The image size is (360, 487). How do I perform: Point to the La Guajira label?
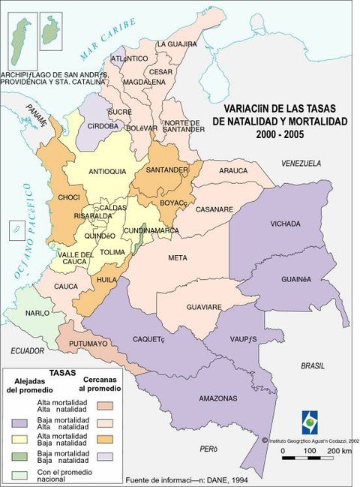pyautogui.click(x=176, y=44)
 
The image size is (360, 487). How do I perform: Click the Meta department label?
pyautogui.click(x=178, y=258)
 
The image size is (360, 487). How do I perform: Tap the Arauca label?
pyautogui.click(x=233, y=171)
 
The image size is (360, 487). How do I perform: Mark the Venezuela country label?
pyautogui.click(x=301, y=163)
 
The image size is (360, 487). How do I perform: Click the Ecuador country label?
pyautogui.click(x=28, y=350)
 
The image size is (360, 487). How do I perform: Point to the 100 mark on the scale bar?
pyautogui.click(x=309, y=451)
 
